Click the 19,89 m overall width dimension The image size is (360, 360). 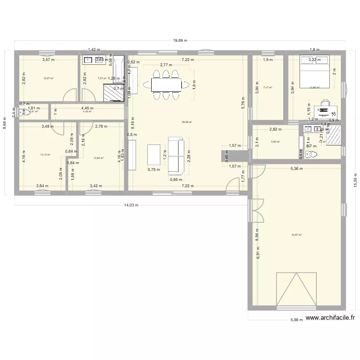(180, 41)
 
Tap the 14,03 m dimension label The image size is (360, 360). (130, 205)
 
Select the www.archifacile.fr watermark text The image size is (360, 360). (330, 318)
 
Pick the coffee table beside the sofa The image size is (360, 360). (153, 156)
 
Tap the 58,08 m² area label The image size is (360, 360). (187, 122)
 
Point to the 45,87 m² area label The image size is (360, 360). (297, 235)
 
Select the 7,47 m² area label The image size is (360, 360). (267, 88)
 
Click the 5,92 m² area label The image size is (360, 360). (275, 142)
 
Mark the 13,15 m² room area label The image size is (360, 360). (45, 155)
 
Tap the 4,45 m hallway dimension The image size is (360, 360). (87, 108)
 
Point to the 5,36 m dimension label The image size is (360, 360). (296, 168)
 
